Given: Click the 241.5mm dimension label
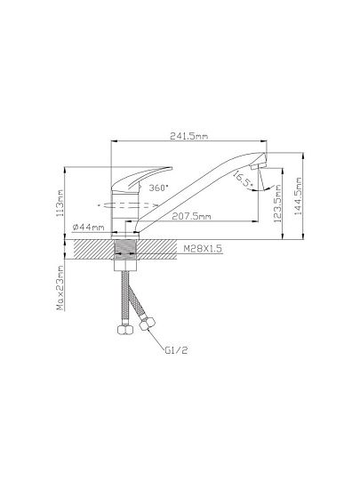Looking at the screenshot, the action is pyautogui.click(x=188, y=136).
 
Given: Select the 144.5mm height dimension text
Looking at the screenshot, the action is pyautogui.click(x=299, y=196).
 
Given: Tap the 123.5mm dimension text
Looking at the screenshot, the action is pyautogui.click(x=277, y=203).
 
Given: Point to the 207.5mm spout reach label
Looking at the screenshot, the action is pyautogui.click(x=191, y=216).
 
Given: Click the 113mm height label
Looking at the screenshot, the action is pyautogui.click(x=60, y=203).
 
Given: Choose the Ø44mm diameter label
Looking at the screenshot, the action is pyautogui.click(x=89, y=228).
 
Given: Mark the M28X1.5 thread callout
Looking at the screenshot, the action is pyautogui.click(x=203, y=249).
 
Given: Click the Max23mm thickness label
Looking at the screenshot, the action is pyautogui.click(x=60, y=288).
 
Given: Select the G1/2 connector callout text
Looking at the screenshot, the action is pyautogui.click(x=176, y=350).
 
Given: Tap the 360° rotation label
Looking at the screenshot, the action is pyautogui.click(x=158, y=188).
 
